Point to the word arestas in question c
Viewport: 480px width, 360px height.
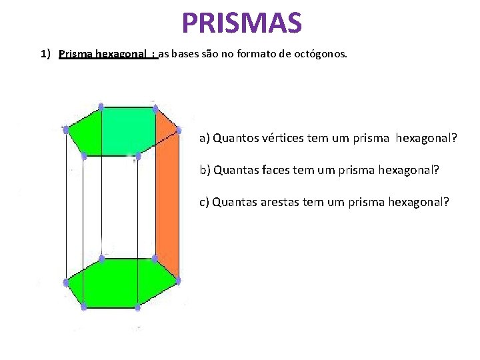(x=281, y=202)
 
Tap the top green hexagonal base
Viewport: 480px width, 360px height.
(x=123, y=131)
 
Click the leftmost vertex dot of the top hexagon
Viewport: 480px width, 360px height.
(x=65, y=129)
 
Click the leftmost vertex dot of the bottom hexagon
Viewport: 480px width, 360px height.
(x=65, y=283)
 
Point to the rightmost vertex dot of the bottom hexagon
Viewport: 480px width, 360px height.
(x=178, y=281)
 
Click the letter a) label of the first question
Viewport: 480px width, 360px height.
(x=204, y=139)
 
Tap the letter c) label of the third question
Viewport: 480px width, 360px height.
(x=204, y=202)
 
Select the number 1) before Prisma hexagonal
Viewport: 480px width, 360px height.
(x=46, y=54)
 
